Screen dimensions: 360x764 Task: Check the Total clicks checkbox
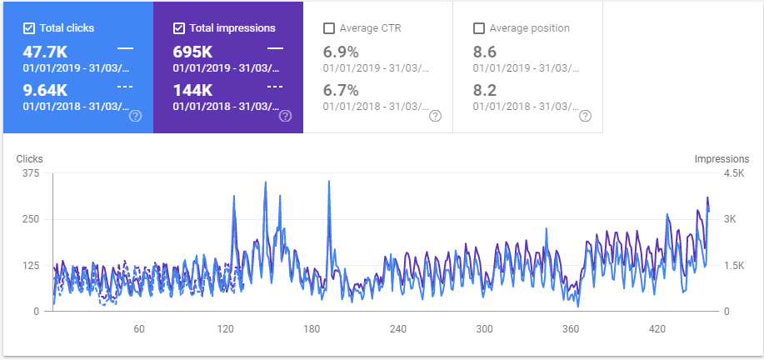[29, 28]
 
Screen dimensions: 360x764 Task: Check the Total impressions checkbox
[179, 28]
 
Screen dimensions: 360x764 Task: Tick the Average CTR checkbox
[329, 28]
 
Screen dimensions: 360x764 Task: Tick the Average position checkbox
[479, 28]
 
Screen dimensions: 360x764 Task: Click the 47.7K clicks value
[45, 52]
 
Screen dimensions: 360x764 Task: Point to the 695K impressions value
[193, 52]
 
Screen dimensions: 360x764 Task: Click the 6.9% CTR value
[341, 52]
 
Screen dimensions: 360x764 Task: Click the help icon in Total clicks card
[136, 116]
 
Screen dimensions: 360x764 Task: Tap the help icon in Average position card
[586, 116]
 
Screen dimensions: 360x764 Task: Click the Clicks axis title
[29, 158]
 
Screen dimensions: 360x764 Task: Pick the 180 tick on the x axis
[312, 329]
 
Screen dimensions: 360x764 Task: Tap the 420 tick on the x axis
[657, 329]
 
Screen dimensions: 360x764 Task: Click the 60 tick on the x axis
[139, 329]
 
